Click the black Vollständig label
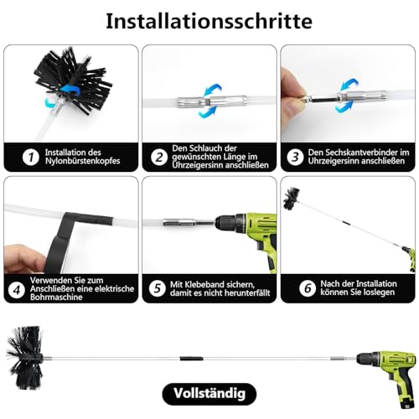pyautogui.click(x=209, y=392)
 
